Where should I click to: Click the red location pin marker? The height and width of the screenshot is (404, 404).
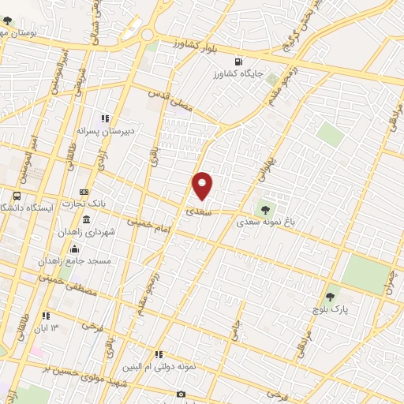pyautogui.click(x=203, y=185)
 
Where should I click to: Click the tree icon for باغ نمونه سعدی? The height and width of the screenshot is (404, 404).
pyautogui.click(x=265, y=208)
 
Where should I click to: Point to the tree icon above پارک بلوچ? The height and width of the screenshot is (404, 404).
pyautogui.click(x=330, y=297)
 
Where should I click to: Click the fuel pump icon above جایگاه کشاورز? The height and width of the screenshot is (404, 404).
pyautogui.click(x=238, y=61)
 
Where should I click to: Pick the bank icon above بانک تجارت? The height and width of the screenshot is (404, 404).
pyautogui.click(x=84, y=192)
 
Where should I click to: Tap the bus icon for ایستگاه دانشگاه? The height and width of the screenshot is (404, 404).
pyautogui.click(x=17, y=196)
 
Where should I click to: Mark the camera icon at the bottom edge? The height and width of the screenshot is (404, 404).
pyautogui.click(x=181, y=394)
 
